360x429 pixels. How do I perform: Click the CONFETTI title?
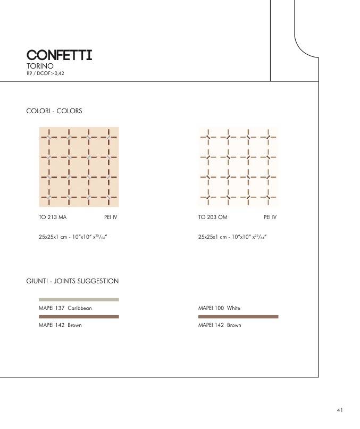[59, 55]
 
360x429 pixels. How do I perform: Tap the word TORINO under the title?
[40, 66]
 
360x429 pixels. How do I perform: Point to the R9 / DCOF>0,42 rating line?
[45, 73]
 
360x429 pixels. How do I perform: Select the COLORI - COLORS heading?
[54, 111]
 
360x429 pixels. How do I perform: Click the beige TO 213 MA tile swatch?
[79, 167]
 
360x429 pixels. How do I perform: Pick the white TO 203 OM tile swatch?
[238, 167]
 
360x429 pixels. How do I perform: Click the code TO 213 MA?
[53, 217]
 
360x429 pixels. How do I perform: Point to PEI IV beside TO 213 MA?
[111, 217]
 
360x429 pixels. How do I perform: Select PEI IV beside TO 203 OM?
[270, 217]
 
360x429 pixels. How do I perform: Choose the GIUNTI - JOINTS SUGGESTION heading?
[72, 281]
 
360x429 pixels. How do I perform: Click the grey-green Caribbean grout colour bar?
[79, 299]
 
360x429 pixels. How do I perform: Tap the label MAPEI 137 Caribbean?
[65, 308]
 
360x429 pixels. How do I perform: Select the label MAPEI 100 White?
[219, 308]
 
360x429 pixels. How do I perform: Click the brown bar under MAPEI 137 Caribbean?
[79, 316]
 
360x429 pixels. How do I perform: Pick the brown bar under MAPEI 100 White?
[238, 316]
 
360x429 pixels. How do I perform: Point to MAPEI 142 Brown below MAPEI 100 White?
[219, 325]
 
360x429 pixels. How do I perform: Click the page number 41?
[340, 410]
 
